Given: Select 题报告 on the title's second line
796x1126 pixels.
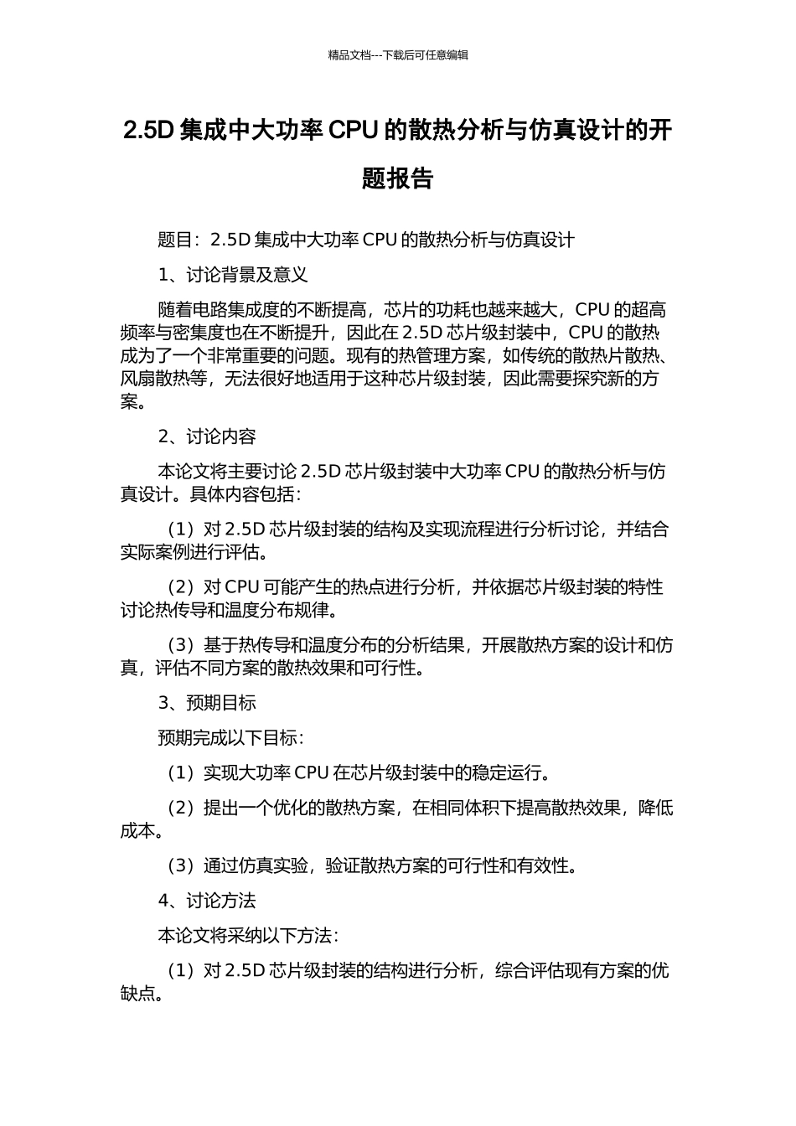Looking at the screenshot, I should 398,178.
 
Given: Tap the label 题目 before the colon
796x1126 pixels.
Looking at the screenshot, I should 175,240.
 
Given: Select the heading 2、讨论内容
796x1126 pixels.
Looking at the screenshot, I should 207,436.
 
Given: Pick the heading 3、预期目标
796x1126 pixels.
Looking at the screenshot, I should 207,703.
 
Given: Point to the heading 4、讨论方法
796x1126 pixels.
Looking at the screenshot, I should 207,901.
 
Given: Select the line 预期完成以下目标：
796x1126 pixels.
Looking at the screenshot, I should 230,738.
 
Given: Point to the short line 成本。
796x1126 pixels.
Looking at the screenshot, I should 142,831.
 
